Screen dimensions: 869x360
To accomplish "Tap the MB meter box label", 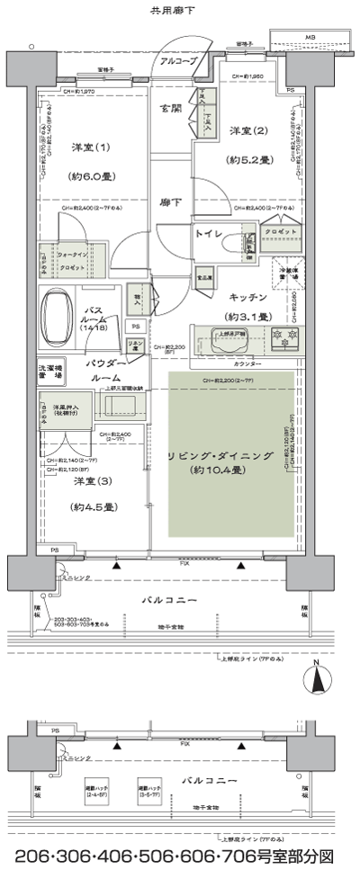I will click(x=310, y=38).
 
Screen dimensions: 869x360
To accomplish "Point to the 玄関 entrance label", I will click(x=171, y=109).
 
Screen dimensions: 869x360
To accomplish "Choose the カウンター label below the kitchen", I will click(x=247, y=363).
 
